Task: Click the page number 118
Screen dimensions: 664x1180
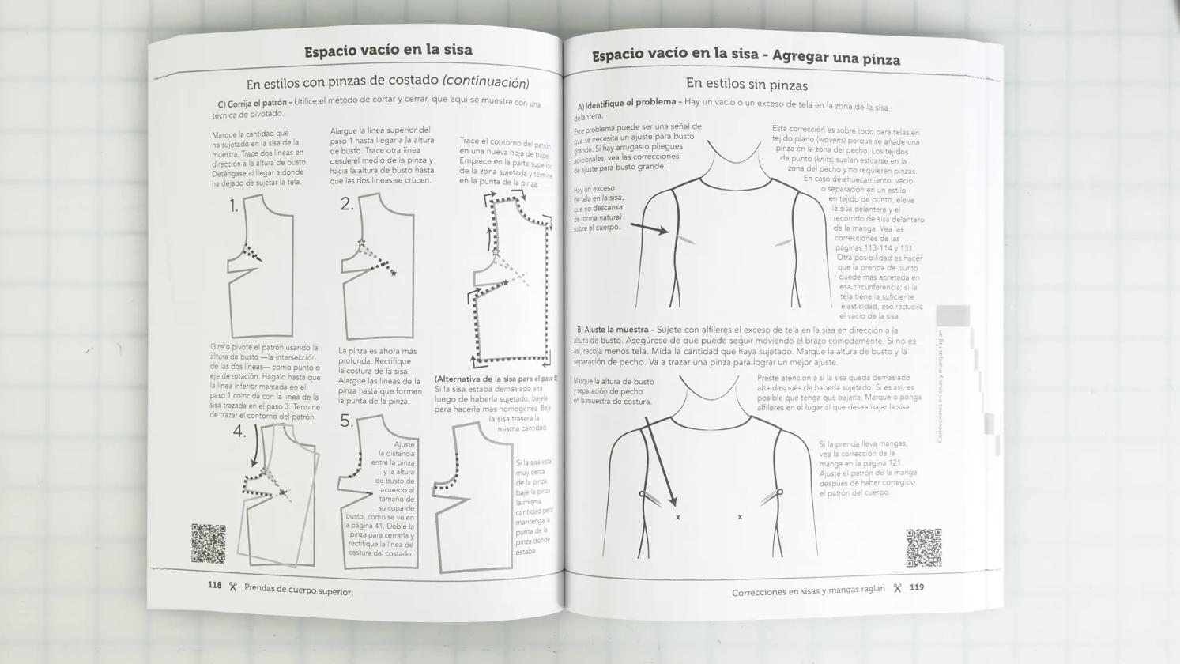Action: click(x=214, y=585)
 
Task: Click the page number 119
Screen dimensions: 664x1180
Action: click(x=916, y=587)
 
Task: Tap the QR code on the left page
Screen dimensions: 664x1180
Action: click(x=209, y=543)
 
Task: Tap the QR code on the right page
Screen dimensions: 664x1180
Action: click(x=923, y=548)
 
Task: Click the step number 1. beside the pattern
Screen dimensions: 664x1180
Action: click(x=234, y=206)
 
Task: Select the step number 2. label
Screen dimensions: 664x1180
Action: click(x=347, y=204)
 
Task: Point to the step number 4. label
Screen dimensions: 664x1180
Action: click(x=239, y=432)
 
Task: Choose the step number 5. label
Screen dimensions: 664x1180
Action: click(x=347, y=421)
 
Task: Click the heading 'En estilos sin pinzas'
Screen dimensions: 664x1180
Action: click(x=746, y=84)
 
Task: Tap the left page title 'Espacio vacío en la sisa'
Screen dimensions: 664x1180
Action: click(x=388, y=51)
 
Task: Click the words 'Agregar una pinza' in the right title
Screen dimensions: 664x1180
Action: click(x=835, y=58)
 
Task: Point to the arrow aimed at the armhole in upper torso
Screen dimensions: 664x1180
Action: click(x=649, y=228)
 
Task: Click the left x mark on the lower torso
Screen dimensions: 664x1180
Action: click(x=677, y=517)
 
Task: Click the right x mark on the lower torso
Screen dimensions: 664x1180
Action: click(x=740, y=517)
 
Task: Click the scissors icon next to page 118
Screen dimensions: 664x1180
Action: click(x=233, y=587)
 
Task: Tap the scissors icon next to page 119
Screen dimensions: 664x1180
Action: click(x=897, y=588)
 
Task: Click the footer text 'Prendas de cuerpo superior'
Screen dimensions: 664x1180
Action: click(x=297, y=590)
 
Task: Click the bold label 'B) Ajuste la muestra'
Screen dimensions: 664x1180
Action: click(x=613, y=330)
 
